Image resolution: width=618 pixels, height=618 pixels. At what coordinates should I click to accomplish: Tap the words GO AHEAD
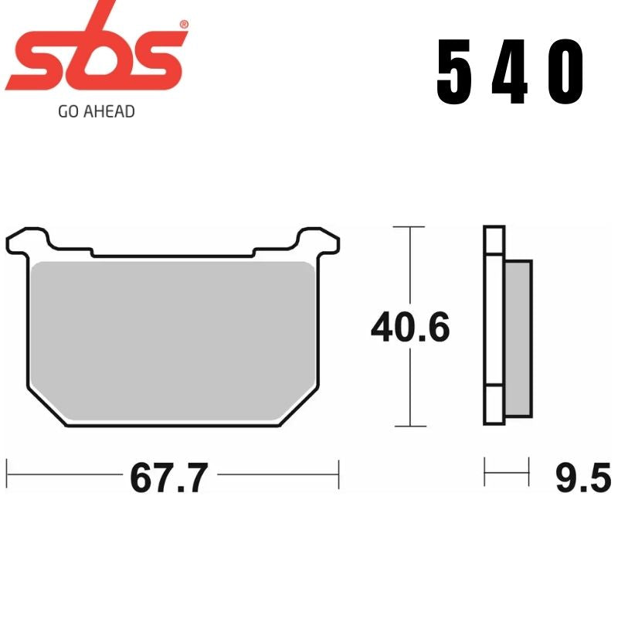96,111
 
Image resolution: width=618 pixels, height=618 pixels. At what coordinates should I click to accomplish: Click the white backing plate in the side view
494,324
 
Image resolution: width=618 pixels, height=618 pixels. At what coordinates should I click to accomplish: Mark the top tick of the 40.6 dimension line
409,227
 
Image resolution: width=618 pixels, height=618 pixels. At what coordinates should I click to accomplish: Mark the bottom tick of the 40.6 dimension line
409,426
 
